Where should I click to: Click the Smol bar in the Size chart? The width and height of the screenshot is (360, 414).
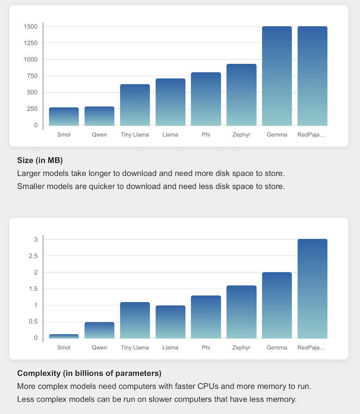pyautogui.click(x=64, y=117)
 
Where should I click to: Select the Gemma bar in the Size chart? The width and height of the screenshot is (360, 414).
pyautogui.click(x=277, y=76)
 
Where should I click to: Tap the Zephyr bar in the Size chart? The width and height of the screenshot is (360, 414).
pyautogui.click(x=241, y=95)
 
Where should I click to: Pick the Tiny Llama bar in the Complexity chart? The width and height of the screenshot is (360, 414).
pyautogui.click(x=135, y=320)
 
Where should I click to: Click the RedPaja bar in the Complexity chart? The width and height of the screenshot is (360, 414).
pyautogui.click(x=312, y=289)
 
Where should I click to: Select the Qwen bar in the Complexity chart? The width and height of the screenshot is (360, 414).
pyautogui.click(x=99, y=330)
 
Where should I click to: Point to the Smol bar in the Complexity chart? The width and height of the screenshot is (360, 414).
pyautogui.click(x=64, y=336)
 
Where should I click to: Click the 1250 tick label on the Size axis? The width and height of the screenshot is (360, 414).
pyautogui.click(x=30, y=43)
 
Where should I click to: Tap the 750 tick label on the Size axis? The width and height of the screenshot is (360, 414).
pyautogui.click(x=32, y=76)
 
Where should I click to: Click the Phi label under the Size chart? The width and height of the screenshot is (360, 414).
pyautogui.click(x=206, y=135)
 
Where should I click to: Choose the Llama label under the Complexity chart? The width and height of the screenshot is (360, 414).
pyautogui.click(x=170, y=348)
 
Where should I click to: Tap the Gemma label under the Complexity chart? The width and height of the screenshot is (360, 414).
pyautogui.click(x=277, y=348)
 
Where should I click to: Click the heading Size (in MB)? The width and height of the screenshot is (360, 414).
pyautogui.click(x=40, y=161)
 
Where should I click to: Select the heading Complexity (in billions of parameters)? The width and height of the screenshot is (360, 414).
pyautogui.click(x=89, y=374)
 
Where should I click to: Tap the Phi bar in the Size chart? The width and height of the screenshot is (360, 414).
pyautogui.click(x=206, y=99)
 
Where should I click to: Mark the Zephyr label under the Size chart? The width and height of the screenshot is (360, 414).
pyautogui.click(x=241, y=135)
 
